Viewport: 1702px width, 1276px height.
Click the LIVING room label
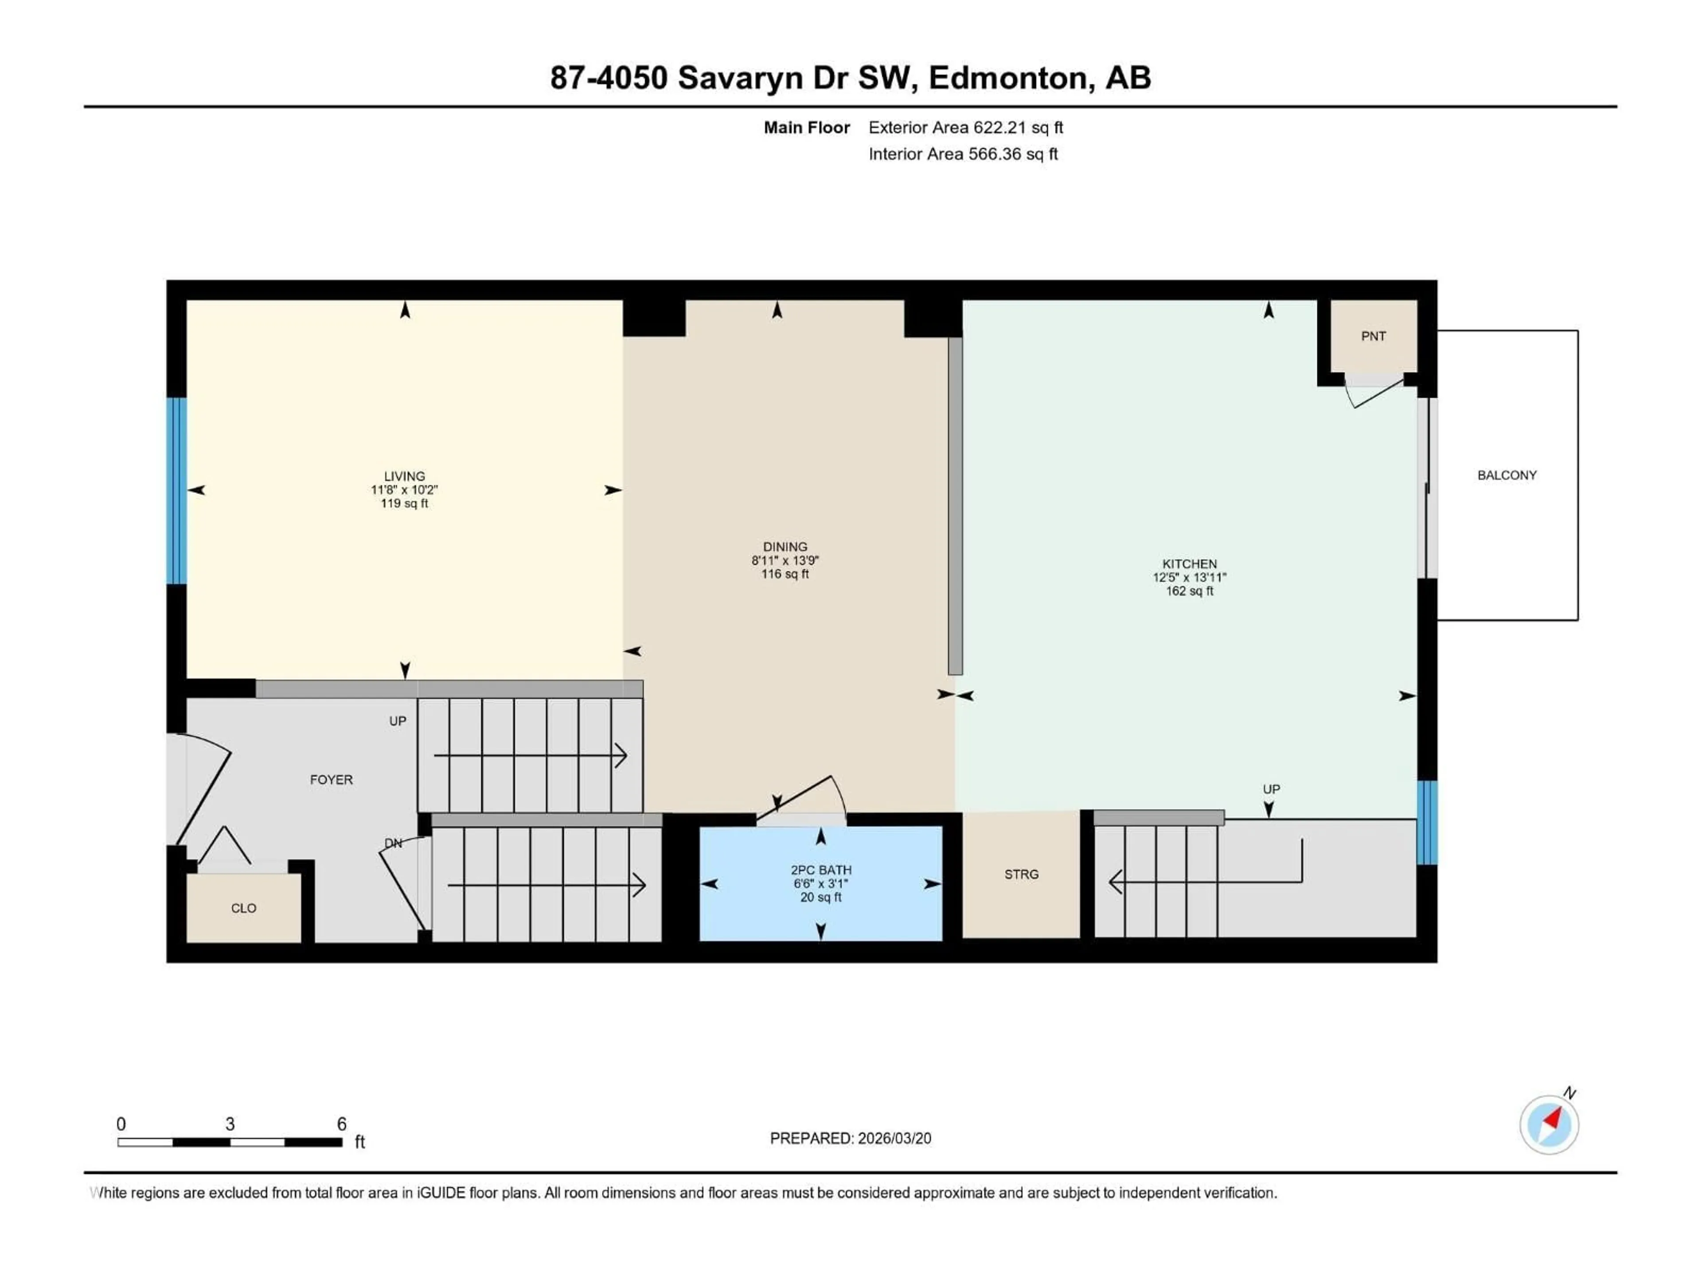404,476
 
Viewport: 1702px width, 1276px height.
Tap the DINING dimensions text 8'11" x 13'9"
785,561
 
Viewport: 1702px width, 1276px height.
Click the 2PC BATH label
821,870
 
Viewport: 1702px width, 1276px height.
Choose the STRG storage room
1021,875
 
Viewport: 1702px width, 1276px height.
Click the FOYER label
331,780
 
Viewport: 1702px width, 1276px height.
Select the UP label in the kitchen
1271,789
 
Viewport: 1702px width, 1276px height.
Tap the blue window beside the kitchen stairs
1427,822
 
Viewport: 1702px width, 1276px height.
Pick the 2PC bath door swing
804,800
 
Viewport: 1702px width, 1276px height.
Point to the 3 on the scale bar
230,1124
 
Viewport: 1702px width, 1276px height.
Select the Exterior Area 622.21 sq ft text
966,128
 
